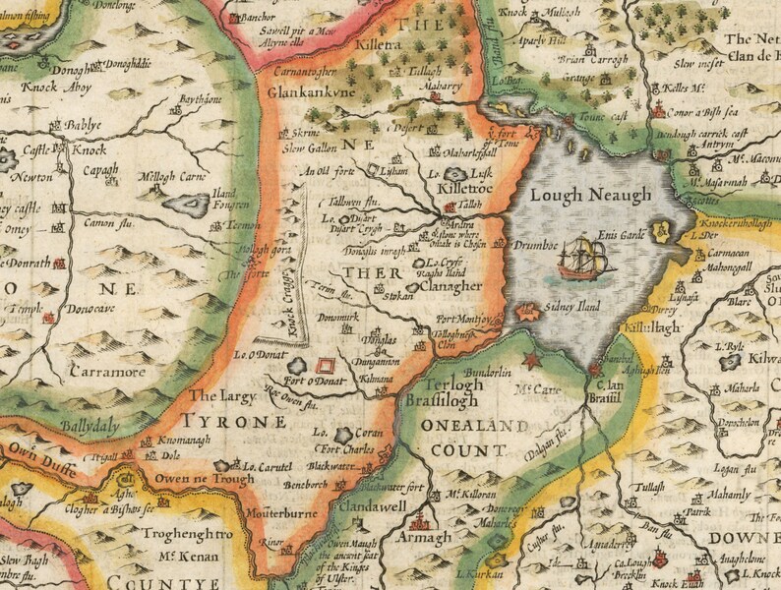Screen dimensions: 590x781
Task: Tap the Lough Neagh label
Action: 590,196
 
